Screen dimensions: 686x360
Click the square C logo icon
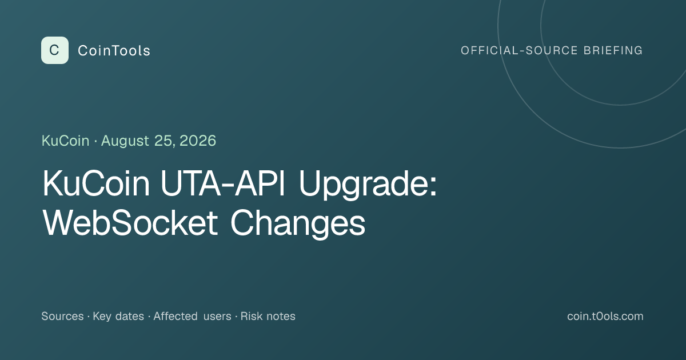(55, 50)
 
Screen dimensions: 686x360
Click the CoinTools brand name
(114, 50)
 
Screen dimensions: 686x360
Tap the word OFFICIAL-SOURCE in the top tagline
(519, 50)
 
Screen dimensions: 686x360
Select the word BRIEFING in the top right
(613, 50)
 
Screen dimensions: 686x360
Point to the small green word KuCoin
(66, 141)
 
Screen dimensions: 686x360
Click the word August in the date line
(125, 141)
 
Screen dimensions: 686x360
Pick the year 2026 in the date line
(198, 141)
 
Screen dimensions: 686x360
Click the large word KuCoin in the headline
(96, 183)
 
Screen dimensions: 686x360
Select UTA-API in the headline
(223, 183)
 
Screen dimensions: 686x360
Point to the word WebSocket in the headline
(130, 222)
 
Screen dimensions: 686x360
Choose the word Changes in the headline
(298, 223)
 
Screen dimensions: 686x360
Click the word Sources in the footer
(62, 316)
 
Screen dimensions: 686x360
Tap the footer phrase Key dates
(118, 317)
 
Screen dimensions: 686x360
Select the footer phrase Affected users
(192, 316)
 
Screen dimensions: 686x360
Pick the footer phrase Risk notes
(268, 316)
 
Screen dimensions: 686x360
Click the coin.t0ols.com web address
(605, 316)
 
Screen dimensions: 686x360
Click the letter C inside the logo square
(54, 50)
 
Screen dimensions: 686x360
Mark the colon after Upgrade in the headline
(433, 186)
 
